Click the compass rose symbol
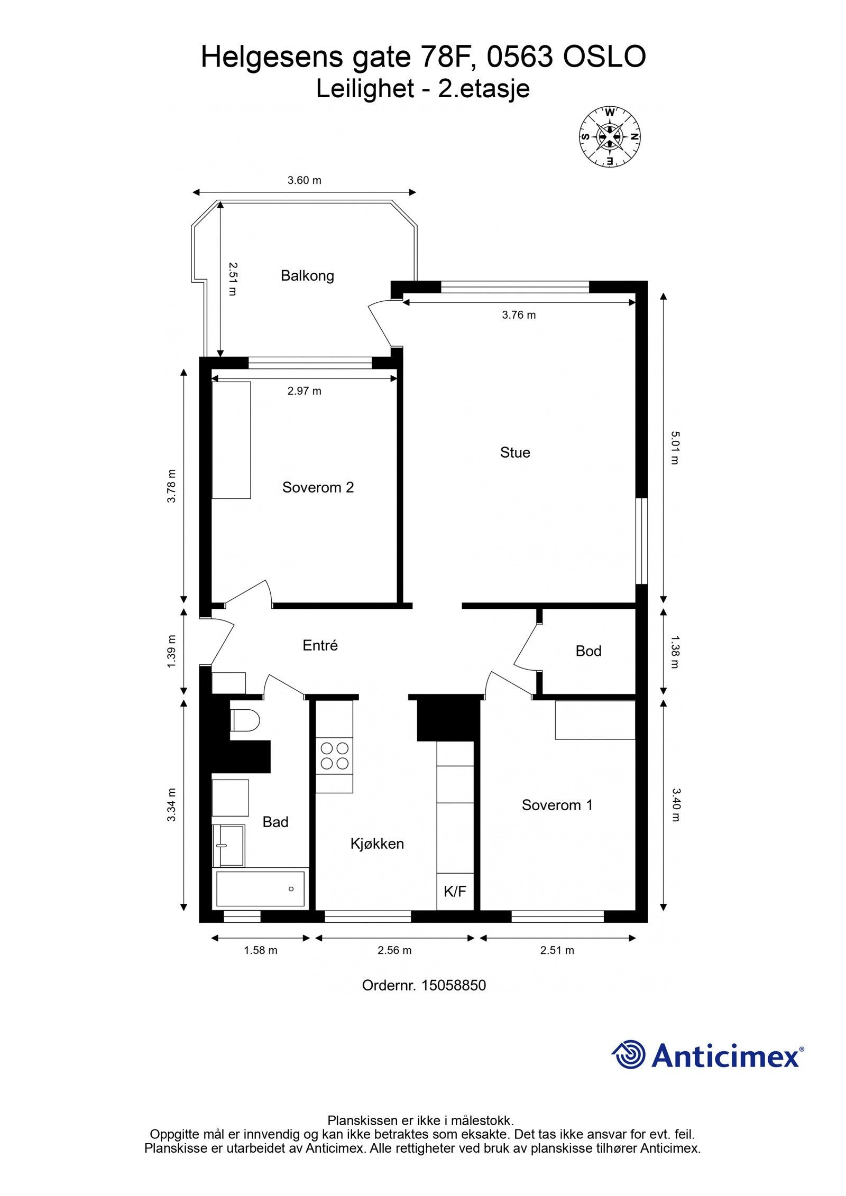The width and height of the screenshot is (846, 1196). (610, 136)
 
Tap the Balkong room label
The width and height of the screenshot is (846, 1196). (307, 276)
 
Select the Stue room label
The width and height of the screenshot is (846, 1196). (515, 452)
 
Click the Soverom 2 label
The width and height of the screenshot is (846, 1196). (318, 487)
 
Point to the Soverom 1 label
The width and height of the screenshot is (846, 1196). (557, 805)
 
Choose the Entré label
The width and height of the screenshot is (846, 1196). (320, 645)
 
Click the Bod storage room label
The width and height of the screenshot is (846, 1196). (588, 651)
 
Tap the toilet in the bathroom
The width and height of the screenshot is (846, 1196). (245, 720)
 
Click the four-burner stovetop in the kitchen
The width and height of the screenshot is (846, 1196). (334, 756)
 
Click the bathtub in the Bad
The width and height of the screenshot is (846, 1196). (260, 889)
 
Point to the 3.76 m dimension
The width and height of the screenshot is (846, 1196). (519, 315)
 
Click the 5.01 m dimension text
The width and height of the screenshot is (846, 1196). (675, 448)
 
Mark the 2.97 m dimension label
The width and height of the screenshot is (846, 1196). (304, 391)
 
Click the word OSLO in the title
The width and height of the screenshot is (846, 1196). (604, 57)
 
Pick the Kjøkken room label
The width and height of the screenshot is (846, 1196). (377, 843)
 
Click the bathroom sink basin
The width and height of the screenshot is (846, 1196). (228, 846)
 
